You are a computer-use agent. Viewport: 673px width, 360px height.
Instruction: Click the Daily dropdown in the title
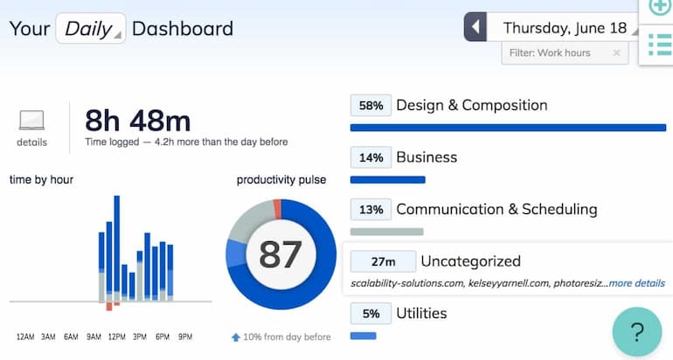(91, 28)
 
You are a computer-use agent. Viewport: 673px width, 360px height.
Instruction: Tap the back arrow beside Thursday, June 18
(475, 27)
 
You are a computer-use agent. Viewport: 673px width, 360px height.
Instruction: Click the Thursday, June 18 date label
(565, 28)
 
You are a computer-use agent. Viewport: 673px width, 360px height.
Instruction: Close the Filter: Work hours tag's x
(616, 53)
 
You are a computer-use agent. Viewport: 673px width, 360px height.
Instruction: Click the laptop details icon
(31, 121)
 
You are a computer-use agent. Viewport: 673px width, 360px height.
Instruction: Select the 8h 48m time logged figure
(137, 121)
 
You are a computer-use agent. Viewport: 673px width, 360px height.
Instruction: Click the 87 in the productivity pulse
(280, 254)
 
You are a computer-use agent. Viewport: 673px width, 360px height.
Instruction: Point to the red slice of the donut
(277, 208)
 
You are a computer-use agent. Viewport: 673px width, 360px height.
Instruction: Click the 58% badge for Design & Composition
(371, 106)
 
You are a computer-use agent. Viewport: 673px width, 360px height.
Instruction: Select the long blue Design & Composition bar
(507, 128)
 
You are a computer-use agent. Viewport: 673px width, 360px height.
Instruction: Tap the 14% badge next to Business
(371, 158)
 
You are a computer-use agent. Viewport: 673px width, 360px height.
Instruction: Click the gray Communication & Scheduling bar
(386, 232)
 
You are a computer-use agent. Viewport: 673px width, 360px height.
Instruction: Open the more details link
(636, 283)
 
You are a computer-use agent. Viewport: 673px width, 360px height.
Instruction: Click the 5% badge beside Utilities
(371, 314)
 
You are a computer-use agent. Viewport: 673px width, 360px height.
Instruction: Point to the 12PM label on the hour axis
(116, 336)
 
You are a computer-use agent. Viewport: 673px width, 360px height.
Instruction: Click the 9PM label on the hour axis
(184, 336)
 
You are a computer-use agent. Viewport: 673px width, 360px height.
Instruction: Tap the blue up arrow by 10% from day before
(236, 337)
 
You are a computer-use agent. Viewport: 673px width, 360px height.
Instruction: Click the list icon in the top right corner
(660, 42)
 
